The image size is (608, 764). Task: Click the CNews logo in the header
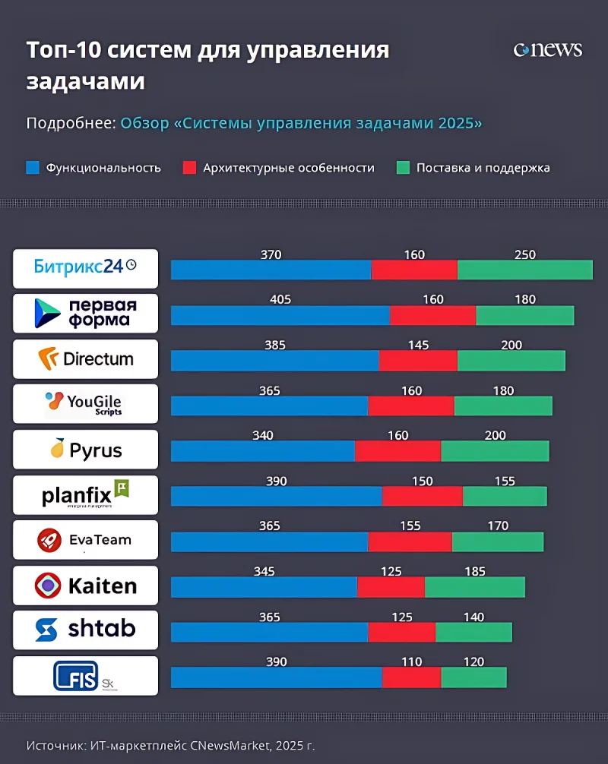pos(547,50)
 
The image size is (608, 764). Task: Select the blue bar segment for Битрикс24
pos(271,270)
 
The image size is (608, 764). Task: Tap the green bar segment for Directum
pos(511,361)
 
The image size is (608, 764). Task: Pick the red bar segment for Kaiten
pos(391,587)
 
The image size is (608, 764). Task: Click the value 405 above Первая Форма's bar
pos(280,300)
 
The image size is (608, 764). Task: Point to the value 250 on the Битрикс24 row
pos(524,255)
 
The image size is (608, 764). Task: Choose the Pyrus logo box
pos(85,450)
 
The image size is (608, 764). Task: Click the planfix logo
pos(85,495)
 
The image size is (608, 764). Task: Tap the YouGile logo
pos(85,403)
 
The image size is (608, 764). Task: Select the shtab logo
pos(85,629)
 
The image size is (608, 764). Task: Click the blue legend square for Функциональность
pos(32,168)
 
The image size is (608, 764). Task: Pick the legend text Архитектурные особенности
pos(288,168)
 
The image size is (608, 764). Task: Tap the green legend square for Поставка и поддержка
pos(402,168)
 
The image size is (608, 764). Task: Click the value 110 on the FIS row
pos(411,662)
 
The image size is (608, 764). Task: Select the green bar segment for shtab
pos(473,632)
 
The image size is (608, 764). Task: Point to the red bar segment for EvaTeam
pos(410,541)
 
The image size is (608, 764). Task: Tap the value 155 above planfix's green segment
pos(504,481)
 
